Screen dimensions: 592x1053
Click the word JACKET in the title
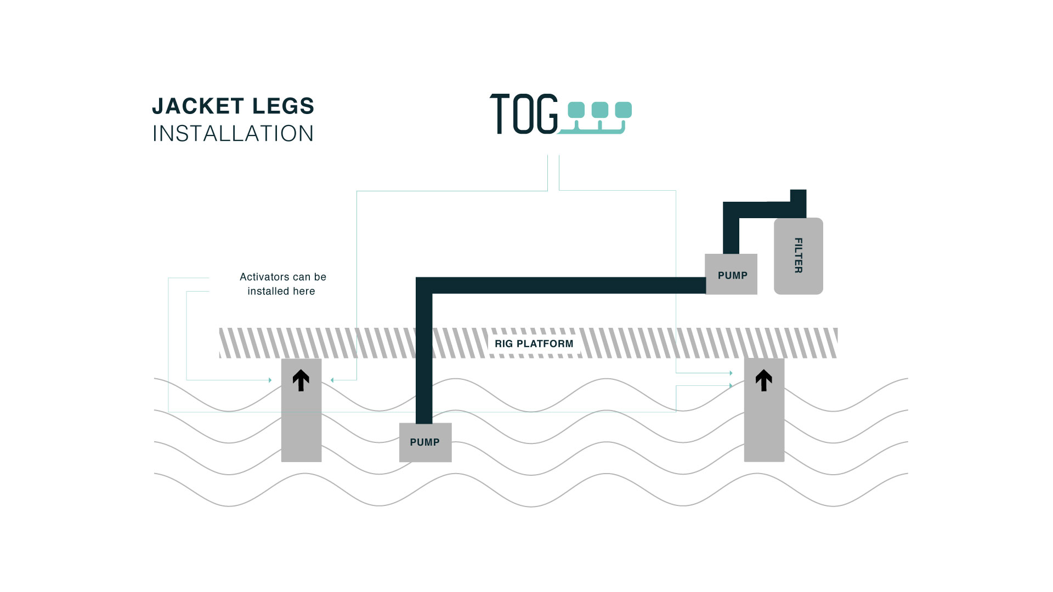coord(198,106)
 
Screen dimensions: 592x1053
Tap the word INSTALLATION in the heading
coord(233,134)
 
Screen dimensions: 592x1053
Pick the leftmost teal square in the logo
coord(576,110)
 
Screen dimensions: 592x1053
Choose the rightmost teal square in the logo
coord(623,110)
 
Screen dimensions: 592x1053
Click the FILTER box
coord(798,256)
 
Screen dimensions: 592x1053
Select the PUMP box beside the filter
coord(731,274)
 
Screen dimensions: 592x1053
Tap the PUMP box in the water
coord(425,442)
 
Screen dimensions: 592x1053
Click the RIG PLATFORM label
coord(534,344)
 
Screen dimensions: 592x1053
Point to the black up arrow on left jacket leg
coord(301,380)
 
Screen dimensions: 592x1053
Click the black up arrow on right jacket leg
coord(763,380)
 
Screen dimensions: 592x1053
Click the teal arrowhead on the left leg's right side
coord(332,380)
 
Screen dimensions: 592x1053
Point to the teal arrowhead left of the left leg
coord(270,380)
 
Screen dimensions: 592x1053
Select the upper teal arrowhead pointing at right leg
coord(731,373)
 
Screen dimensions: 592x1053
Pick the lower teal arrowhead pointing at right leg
coord(731,386)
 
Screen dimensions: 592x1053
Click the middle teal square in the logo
coord(599,110)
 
